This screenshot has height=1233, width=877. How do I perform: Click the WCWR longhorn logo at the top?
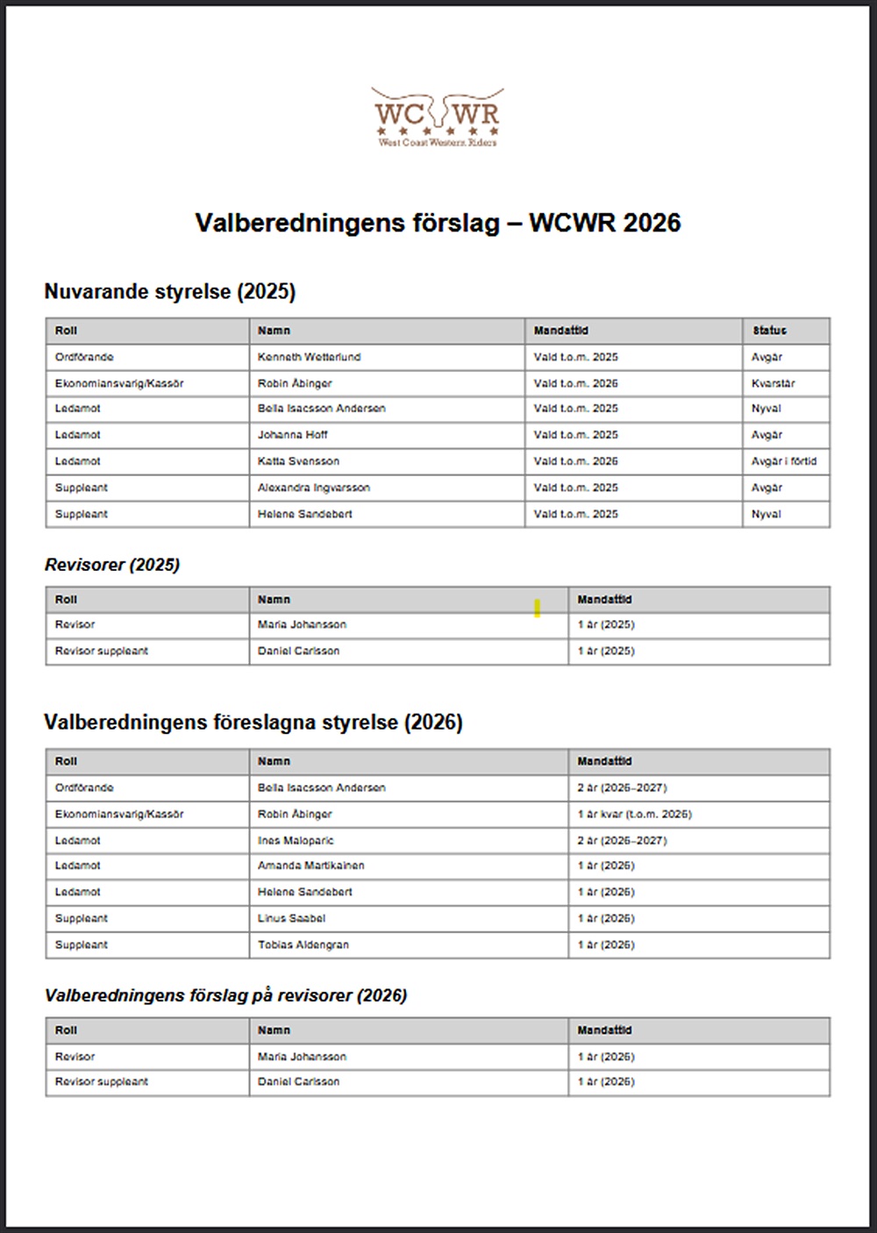click(x=437, y=117)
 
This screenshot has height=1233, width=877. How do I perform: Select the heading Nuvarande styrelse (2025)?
click(x=170, y=291)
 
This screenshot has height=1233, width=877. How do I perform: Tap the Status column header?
click(x=769, y=331)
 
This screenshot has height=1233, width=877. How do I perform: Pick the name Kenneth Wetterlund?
click(x=309, y=357)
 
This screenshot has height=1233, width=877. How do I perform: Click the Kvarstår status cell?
click(x=773, y=383)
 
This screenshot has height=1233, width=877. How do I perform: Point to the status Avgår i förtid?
click(x=783, y=461)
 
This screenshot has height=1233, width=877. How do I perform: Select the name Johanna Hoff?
click(x=292, y=435)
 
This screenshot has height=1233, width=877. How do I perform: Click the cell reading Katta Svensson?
click(x=298, y=461)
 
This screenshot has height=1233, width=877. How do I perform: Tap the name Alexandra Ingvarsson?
click(x=313, y=488)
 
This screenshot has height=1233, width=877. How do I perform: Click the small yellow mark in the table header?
click(x=537, y=608)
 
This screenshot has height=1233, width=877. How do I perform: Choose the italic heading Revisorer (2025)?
click(x=112, y=565)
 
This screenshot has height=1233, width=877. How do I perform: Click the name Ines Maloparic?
click(x=296, y=840)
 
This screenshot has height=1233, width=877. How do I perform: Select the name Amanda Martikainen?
click(x=310, y=866)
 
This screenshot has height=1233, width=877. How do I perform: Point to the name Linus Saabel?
click(x=291, y=918)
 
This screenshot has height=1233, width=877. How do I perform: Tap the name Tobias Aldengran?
click(x=303, y=944)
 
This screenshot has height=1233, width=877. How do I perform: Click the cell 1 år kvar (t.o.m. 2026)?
click(x=634, y=814)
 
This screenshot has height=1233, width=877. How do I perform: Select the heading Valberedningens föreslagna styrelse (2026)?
click(x=253, y=722)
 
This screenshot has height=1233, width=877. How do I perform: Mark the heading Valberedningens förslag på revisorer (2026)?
click(x=226, y=995)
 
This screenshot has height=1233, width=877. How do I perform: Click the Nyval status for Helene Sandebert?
click(x=766, y=514)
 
